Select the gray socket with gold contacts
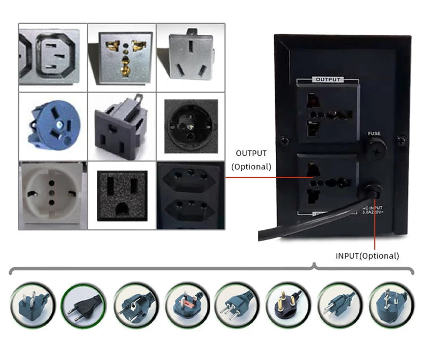point(122,55)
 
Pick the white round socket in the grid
point(52,194)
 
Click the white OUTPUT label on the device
point(328,80)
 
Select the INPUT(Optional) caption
point(367,256)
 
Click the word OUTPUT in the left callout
point(251,153)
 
